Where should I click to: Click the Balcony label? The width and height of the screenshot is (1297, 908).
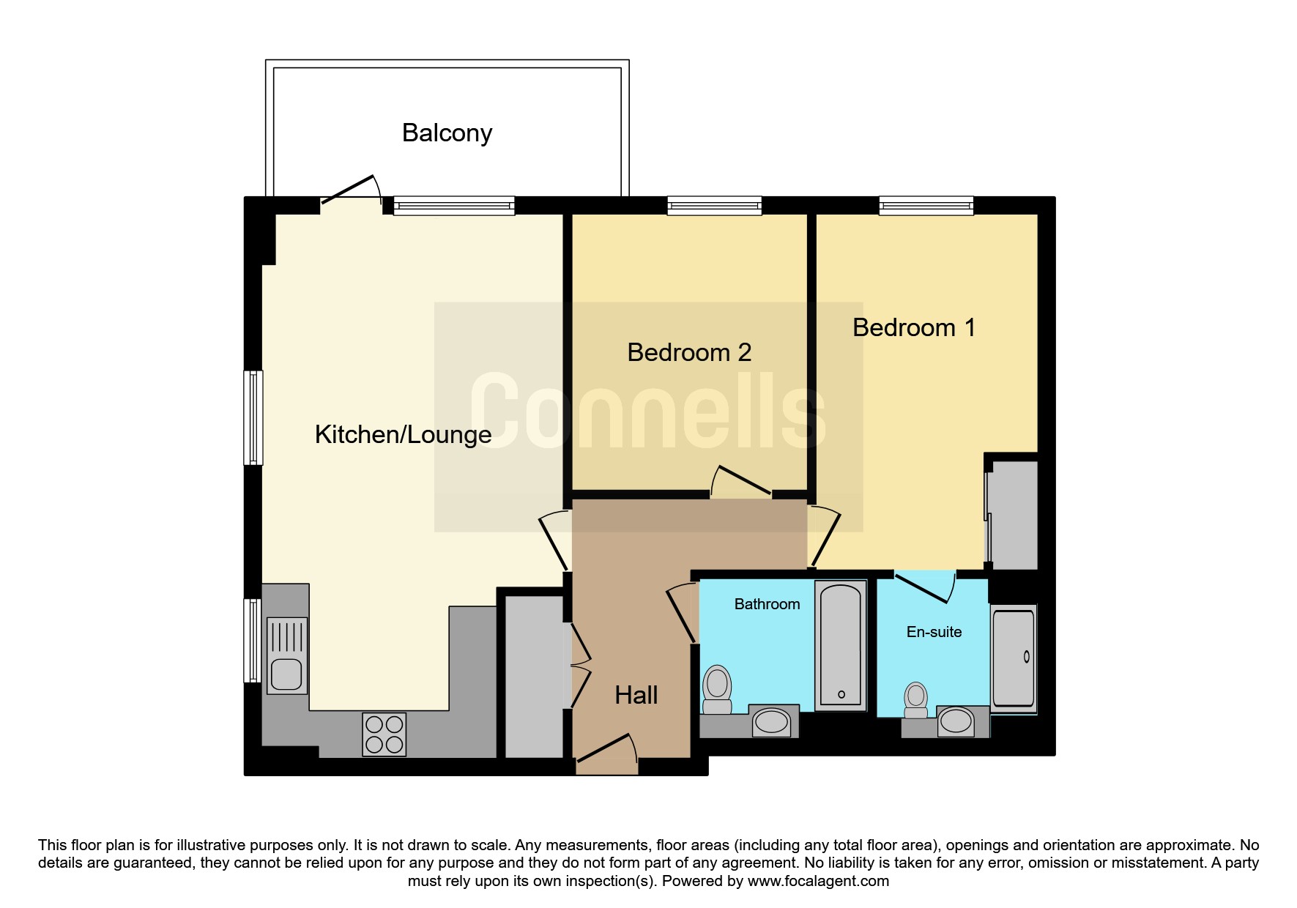447,133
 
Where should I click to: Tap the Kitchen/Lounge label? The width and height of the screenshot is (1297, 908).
403,434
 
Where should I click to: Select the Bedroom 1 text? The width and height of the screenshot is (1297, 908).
914,327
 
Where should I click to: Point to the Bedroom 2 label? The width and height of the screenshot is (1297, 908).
689,352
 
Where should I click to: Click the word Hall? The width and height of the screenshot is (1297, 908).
636,695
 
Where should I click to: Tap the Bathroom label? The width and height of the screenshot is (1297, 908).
767,604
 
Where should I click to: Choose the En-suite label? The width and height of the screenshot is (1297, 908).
934,632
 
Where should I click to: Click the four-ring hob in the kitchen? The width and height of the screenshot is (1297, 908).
384,734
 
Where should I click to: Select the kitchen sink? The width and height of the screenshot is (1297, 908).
287,655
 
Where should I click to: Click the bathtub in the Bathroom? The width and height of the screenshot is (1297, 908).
841,646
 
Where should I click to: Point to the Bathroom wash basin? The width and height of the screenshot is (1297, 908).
771,722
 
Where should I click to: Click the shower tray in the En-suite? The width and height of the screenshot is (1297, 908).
1014,659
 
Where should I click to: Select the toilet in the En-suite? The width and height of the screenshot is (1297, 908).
916,701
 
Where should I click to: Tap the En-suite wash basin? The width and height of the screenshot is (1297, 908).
956,721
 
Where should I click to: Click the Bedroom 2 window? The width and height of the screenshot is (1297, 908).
714,206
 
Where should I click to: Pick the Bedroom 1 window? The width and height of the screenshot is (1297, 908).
926,206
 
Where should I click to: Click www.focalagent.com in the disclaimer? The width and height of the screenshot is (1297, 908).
818,881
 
